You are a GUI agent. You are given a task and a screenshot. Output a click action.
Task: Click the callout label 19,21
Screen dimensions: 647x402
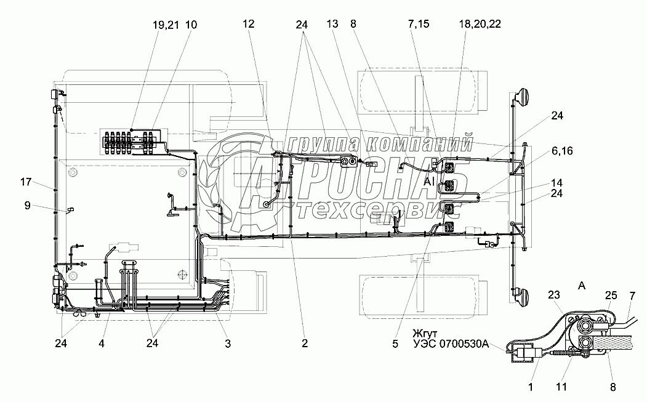166,25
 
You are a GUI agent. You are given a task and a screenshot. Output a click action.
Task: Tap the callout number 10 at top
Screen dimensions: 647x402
191,25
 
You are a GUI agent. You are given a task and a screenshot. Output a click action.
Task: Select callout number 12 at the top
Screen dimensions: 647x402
249,24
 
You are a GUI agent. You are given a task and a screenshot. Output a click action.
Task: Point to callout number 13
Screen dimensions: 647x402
332,24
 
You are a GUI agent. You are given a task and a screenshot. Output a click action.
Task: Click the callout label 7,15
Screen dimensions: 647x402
419,24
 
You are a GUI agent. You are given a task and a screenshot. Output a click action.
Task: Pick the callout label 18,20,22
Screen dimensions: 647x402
480,24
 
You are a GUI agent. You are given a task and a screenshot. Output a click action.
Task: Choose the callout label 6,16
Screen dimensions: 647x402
562,151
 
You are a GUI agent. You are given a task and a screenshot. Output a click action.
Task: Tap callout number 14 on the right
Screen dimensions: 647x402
557,182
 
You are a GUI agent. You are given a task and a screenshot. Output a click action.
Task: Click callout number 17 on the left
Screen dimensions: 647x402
26,182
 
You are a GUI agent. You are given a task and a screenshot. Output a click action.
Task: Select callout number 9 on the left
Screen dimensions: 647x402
27,205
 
